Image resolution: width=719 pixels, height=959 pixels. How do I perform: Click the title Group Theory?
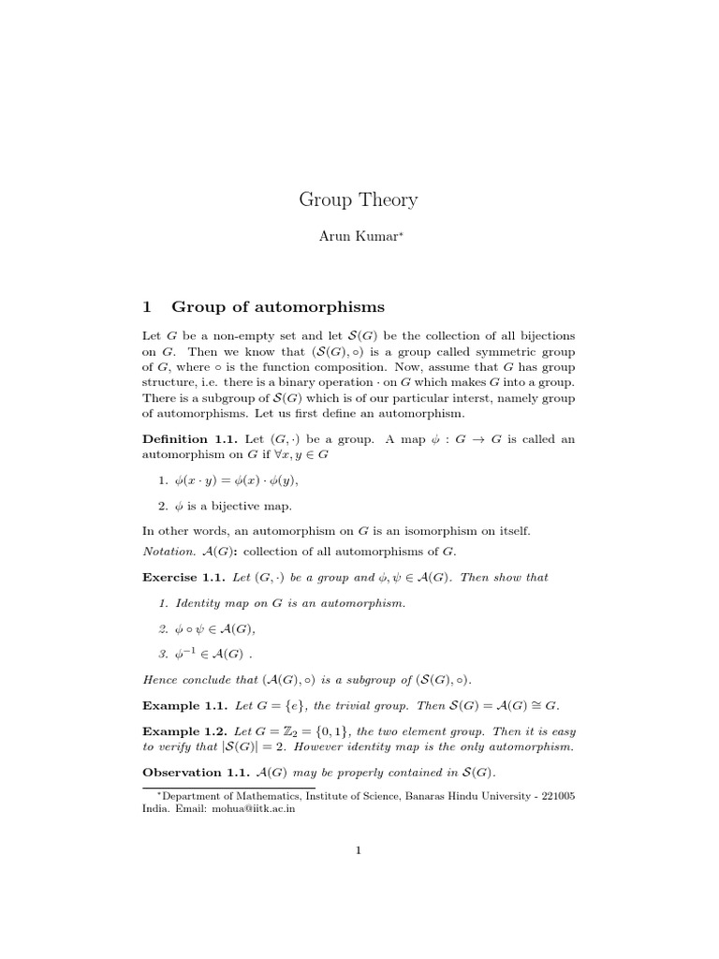[359, 199]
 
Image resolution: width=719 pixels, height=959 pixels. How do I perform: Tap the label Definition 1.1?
[189, 439]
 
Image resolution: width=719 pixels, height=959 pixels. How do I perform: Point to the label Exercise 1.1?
[183, 578]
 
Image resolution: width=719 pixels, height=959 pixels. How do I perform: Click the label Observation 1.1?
[195, 773]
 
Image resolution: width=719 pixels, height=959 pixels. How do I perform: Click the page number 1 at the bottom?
[359, 850]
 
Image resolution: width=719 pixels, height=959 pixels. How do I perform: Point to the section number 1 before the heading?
[146, 306]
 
